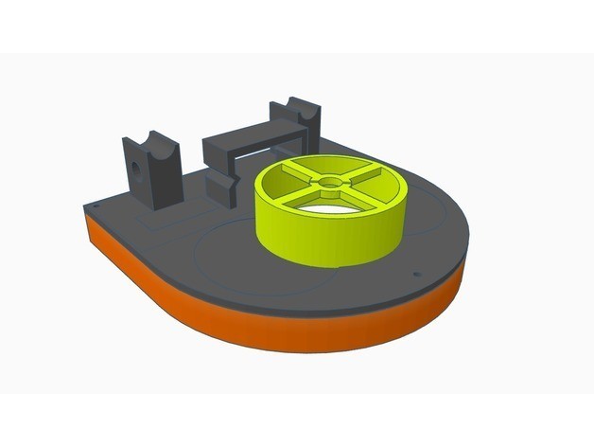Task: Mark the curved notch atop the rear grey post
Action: (295, 104)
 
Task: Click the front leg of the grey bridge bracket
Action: (221, 187)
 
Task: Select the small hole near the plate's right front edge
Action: (414, 277)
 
